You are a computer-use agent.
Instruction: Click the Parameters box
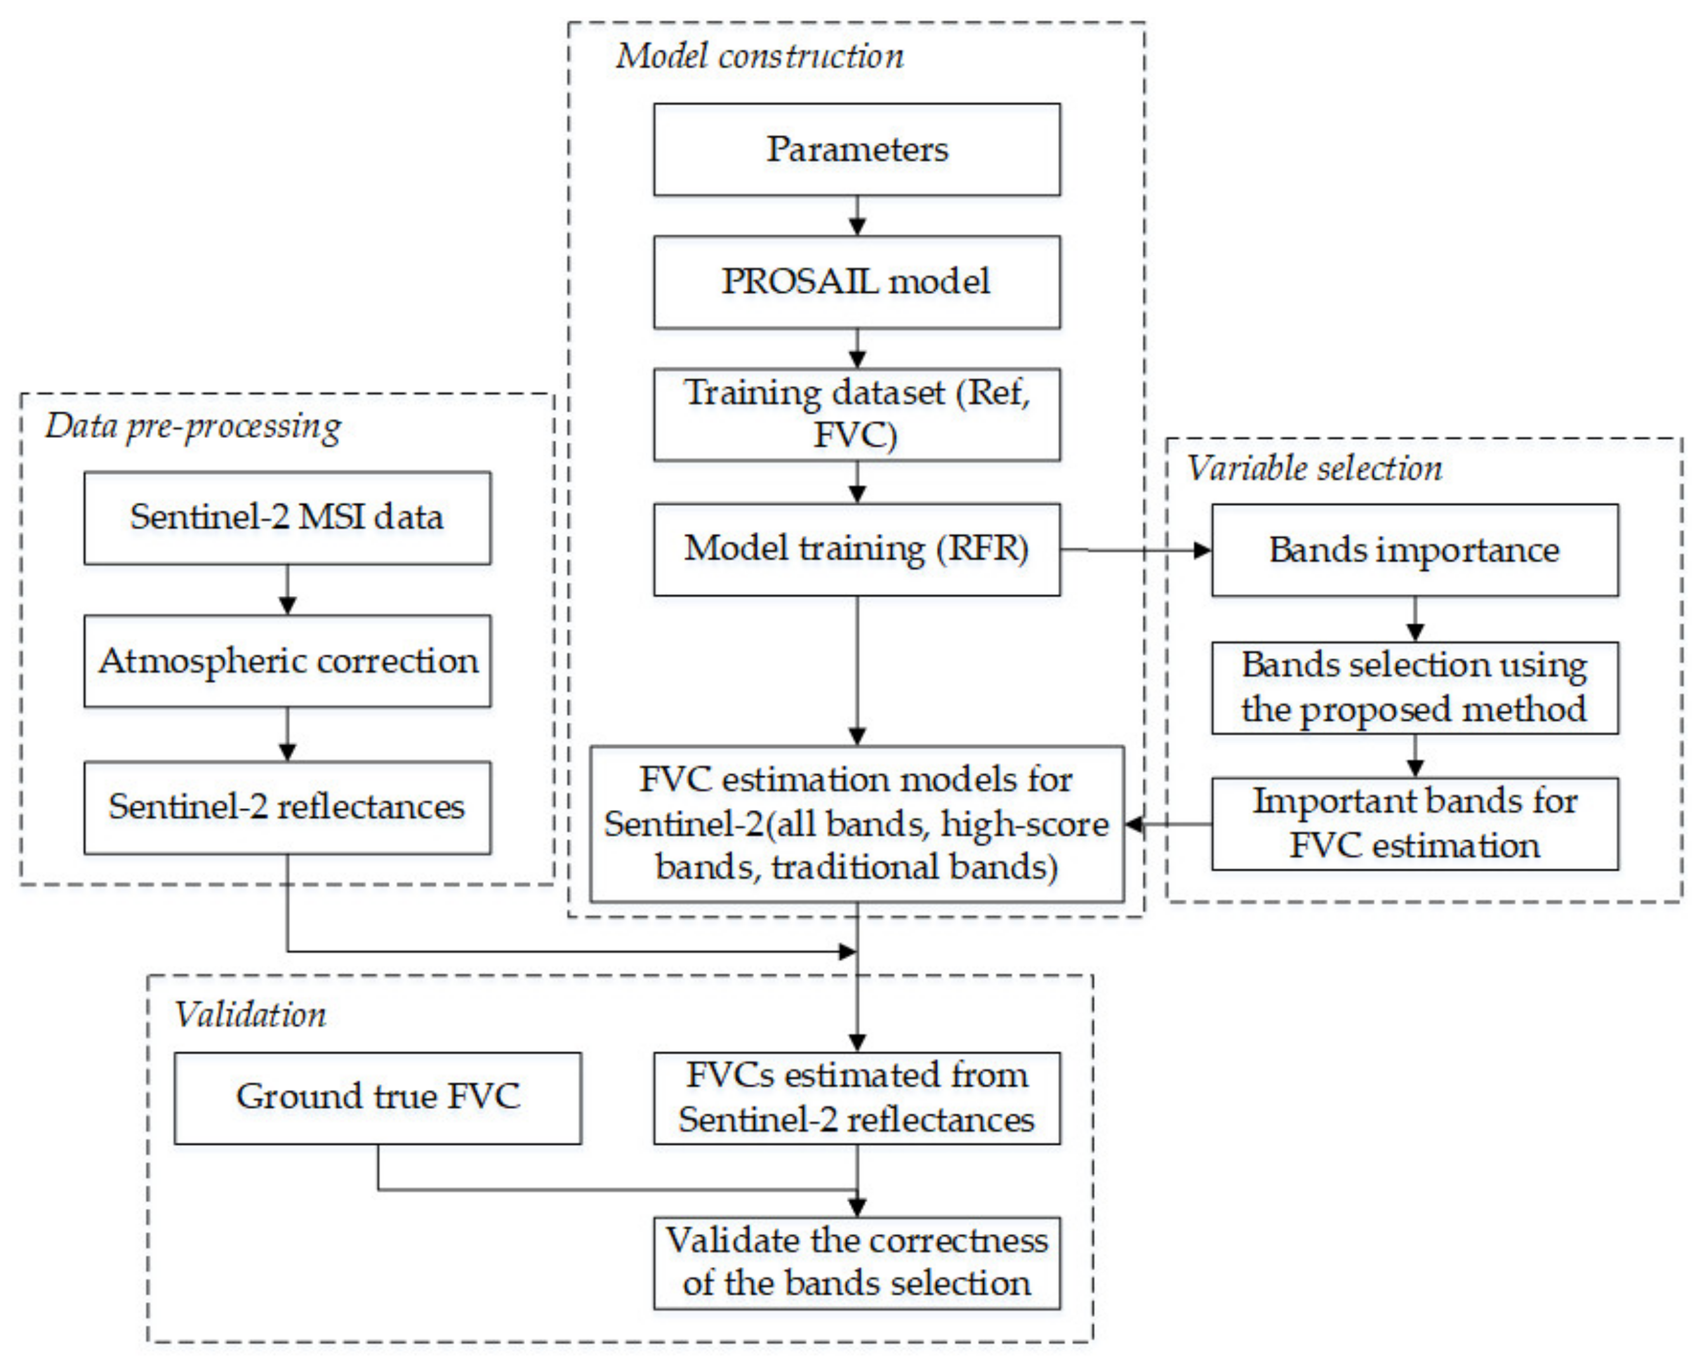[x=857, y=149]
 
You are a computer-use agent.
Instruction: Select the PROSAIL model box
[x=857, y=282]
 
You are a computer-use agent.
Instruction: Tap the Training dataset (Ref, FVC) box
[x=857, y=415]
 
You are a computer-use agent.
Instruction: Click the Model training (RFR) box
[x=857, y=549]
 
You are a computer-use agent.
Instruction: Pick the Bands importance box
[x=1414, y=550]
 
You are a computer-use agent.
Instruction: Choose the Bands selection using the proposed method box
[x=1414, y=687]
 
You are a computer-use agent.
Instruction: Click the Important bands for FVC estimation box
[x=1414, y=824]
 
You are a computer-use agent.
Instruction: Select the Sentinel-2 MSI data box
[x=287, y=517]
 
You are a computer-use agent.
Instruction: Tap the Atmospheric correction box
[x=287, y=661]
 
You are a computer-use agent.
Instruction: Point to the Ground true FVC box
[x=378, y=1098]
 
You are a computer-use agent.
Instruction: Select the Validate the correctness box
[x=857, y=1263]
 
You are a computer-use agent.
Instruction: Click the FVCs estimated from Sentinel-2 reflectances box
[x=857, y=1098]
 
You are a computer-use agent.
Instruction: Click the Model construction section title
[x=759, y=56]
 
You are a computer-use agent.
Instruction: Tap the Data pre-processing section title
[x=193, y=427]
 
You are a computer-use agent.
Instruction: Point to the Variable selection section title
[x=1314, y=469]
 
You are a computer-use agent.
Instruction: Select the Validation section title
[x=250, y=1015]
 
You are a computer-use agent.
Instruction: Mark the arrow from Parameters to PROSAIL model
[x=858, y=216]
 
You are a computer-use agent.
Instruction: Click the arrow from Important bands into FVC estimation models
[x=1168, y=825]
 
